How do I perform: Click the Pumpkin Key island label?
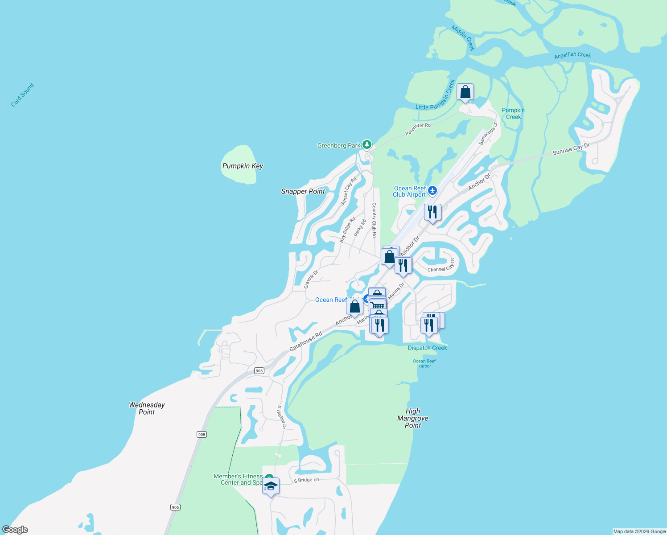click(243, 166)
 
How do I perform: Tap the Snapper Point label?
click(303, 191)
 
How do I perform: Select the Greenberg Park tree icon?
click(366, 144)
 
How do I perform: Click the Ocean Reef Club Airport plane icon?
click(432, 191)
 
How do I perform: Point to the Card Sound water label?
click(22, 95)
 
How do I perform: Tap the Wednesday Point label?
click(147, 408)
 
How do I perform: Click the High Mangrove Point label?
click(413, 418)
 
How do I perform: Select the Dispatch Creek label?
click(427, 348)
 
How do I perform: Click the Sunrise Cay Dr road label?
click(571, 149)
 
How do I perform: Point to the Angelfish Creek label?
click(572, 55)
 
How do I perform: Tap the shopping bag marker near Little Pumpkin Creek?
click(465, 92)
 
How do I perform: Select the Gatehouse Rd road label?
click(305, 342)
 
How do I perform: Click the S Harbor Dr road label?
click(281, 417)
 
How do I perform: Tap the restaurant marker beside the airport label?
click(432, 212)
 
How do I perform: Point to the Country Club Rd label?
click(374, 220)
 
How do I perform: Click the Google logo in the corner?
click(15, 529)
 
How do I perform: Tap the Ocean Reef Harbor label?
click(424, 363)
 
